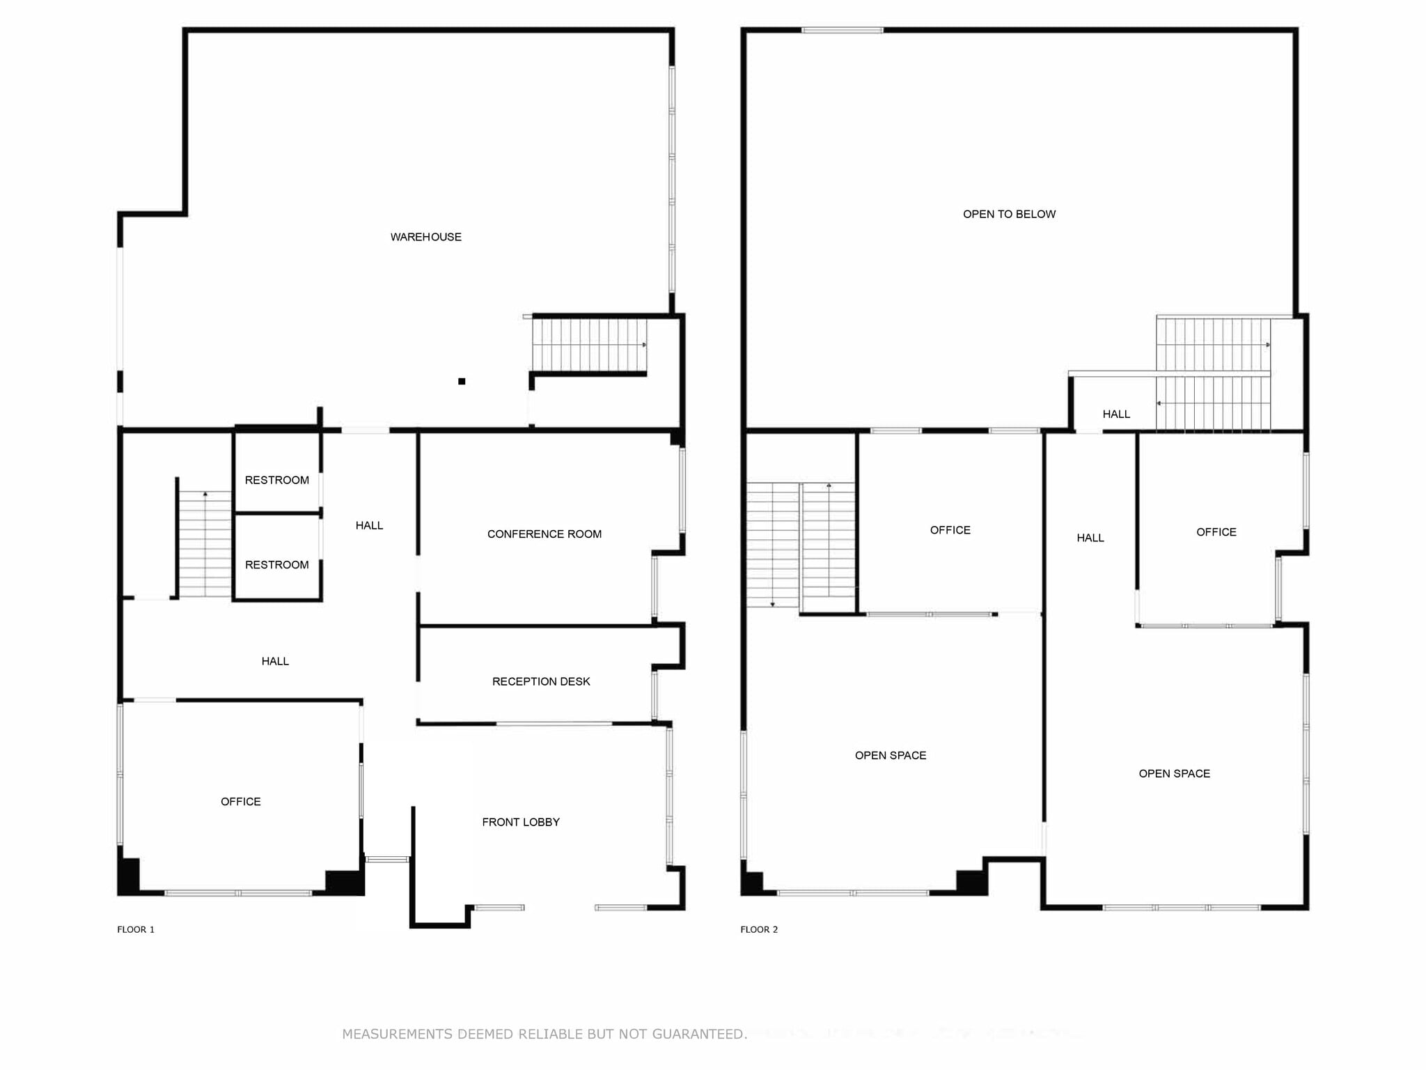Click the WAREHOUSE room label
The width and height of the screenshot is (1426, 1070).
[x=425, y=237]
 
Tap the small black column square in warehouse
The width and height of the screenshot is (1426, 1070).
[x=462, y=381]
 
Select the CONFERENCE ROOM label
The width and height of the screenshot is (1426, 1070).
[x=544, y=534]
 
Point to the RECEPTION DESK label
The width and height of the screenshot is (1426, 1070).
[x=540, y=681]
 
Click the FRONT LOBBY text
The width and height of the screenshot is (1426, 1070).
[x=520, y=822]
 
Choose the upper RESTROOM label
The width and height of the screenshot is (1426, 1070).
[x=276, y=480]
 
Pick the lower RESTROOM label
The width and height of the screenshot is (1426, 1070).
[x=276, y=565]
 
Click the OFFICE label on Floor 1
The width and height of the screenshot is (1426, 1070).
[x=240, y=802]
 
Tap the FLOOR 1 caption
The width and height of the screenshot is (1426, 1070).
[x=136, y=929]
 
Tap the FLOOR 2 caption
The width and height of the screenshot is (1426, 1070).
[x=759, y=929]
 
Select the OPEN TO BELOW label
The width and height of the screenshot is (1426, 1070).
[x=1009, y=215]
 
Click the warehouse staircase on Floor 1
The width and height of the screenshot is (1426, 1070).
[x=589, y=346]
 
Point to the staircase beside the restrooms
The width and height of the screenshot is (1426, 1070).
[x=205, y=543]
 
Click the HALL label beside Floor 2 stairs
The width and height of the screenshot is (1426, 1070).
[x=1116, y=414]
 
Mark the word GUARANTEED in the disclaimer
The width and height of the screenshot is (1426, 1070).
[x=698, y=1034]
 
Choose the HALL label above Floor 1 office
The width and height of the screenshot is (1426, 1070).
[x=275, y=661]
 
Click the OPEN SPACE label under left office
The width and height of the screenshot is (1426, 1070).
[x=890, y=756]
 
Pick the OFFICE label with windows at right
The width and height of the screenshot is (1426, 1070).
[x=1216, y=532]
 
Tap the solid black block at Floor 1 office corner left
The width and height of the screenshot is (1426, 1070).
[x=129, y=876]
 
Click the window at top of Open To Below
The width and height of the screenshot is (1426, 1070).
[x=842, y=30]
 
